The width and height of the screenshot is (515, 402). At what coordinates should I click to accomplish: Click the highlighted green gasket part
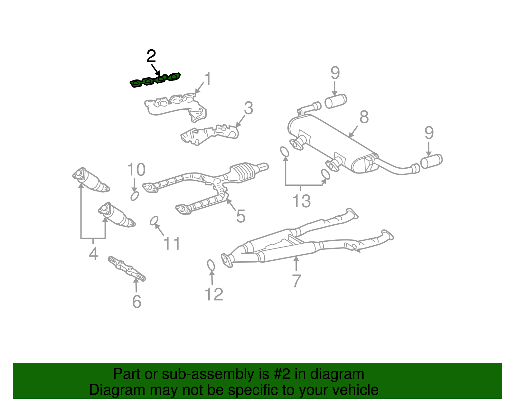155,80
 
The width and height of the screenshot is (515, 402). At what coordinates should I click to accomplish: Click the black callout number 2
151,56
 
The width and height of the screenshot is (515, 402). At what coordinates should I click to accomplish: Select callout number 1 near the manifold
208,79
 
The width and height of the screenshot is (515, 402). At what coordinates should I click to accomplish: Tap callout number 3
248,108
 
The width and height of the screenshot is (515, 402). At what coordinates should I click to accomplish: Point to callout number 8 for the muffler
364,117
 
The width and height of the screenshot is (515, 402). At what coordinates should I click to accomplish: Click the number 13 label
302,201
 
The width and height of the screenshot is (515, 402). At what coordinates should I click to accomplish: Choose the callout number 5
241,216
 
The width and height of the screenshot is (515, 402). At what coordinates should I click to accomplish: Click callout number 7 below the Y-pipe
296,281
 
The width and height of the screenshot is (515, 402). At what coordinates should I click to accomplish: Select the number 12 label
214,294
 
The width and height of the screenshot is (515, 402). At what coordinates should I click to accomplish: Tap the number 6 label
137,302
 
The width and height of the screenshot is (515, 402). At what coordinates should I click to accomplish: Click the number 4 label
93,254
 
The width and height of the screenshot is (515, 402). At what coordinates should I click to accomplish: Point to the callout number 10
136,170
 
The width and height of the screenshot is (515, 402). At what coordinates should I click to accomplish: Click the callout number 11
172,244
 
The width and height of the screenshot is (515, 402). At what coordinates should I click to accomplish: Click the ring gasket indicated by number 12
211,265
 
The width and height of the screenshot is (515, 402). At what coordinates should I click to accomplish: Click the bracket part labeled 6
127,268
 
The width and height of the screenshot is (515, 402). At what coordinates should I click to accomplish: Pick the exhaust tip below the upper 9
336,101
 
